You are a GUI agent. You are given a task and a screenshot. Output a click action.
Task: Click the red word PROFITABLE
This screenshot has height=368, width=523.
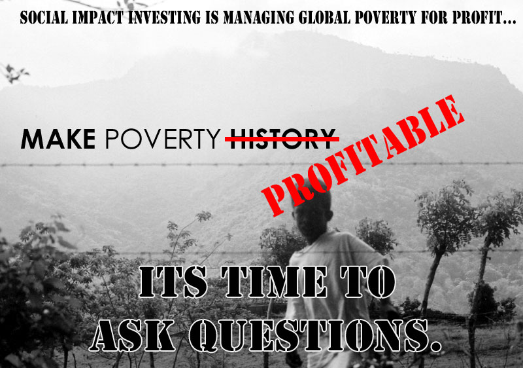[x=363, y=156]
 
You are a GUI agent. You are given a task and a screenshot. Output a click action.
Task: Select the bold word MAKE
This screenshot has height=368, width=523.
[x=58, y=139]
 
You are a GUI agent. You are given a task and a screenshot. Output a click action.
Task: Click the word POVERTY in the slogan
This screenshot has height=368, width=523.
[x=162, y=139]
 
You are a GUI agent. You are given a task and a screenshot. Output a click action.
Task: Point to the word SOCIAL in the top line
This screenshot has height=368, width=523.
[x=44, y=18]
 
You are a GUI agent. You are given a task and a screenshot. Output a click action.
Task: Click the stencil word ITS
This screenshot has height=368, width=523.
[x=173, y=282]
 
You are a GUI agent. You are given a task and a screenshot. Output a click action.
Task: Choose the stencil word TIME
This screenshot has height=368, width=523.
[x=273, y=282]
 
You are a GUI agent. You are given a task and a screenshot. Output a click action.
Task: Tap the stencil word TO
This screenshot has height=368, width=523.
[x=368, y=282]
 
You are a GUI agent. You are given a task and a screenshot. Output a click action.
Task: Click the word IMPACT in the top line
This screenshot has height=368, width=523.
[x=98, y=18]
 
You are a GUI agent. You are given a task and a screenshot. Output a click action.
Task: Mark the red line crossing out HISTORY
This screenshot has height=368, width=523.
[x=282, y=138]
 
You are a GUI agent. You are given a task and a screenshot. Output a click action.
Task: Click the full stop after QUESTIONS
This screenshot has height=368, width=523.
[x=435, y=346]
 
